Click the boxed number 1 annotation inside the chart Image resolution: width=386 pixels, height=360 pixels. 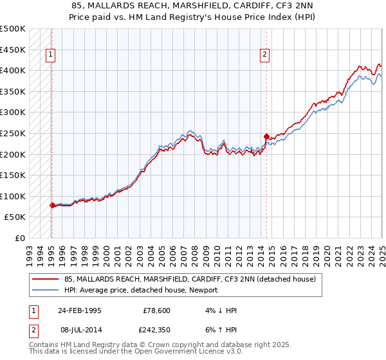pos(51,55)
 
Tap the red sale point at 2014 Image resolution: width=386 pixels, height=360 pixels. pos(266,136)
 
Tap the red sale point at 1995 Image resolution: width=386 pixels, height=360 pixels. pos(52,205)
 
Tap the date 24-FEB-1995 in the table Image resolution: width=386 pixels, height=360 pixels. pos(79,310)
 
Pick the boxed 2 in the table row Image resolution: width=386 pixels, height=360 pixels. pos(32,331)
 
